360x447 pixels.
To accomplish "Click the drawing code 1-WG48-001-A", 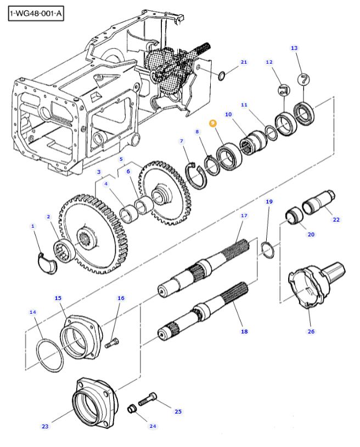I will point(35,12).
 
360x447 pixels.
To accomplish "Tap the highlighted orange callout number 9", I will point(213,124).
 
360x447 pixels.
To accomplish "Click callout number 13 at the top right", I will point(294,48).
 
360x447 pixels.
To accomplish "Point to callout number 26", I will point(311,331).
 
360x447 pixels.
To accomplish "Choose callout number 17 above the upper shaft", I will point(244,216).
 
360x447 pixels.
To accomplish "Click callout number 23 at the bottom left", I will point(45,426).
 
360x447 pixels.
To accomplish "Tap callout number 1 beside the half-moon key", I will point(32,226).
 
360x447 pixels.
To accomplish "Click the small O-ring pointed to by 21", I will point(222,75).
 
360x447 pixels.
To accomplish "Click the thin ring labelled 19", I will point(267,248).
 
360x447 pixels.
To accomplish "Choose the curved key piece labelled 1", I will point(46,262).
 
